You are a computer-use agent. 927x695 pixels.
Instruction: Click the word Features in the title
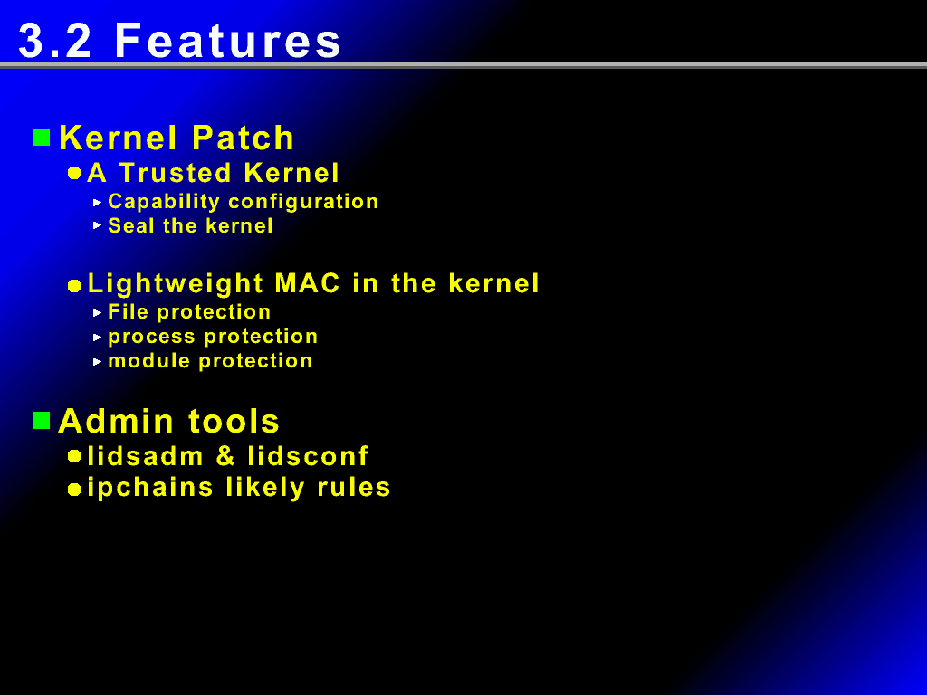pos(227,41)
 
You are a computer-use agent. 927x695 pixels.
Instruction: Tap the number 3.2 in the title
pos(55,41)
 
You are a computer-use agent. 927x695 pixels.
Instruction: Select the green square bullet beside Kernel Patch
pos(41,138)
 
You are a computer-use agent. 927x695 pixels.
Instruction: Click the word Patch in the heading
pos(243,138)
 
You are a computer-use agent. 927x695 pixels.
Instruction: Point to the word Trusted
pos(175,173)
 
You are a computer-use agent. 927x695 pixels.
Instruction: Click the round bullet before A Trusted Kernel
pos(74,173)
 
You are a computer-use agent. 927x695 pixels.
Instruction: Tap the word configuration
pos(303,202)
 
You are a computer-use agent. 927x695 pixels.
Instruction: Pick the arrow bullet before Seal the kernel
pos(98,225)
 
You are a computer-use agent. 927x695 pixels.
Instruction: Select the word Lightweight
pos(175,284)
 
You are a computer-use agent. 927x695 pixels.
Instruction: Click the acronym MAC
pos(308,283)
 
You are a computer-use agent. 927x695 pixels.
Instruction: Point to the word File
pos(128,311)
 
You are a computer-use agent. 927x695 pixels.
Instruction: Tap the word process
pos(152,337)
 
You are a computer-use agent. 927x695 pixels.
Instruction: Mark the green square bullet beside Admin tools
pos(41,421)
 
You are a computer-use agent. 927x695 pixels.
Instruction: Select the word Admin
pos(117,421)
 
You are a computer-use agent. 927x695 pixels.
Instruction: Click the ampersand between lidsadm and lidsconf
pos(225,456)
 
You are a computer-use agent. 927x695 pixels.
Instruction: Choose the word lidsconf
pos(308,456)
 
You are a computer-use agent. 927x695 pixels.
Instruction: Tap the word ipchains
pos(150,488)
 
